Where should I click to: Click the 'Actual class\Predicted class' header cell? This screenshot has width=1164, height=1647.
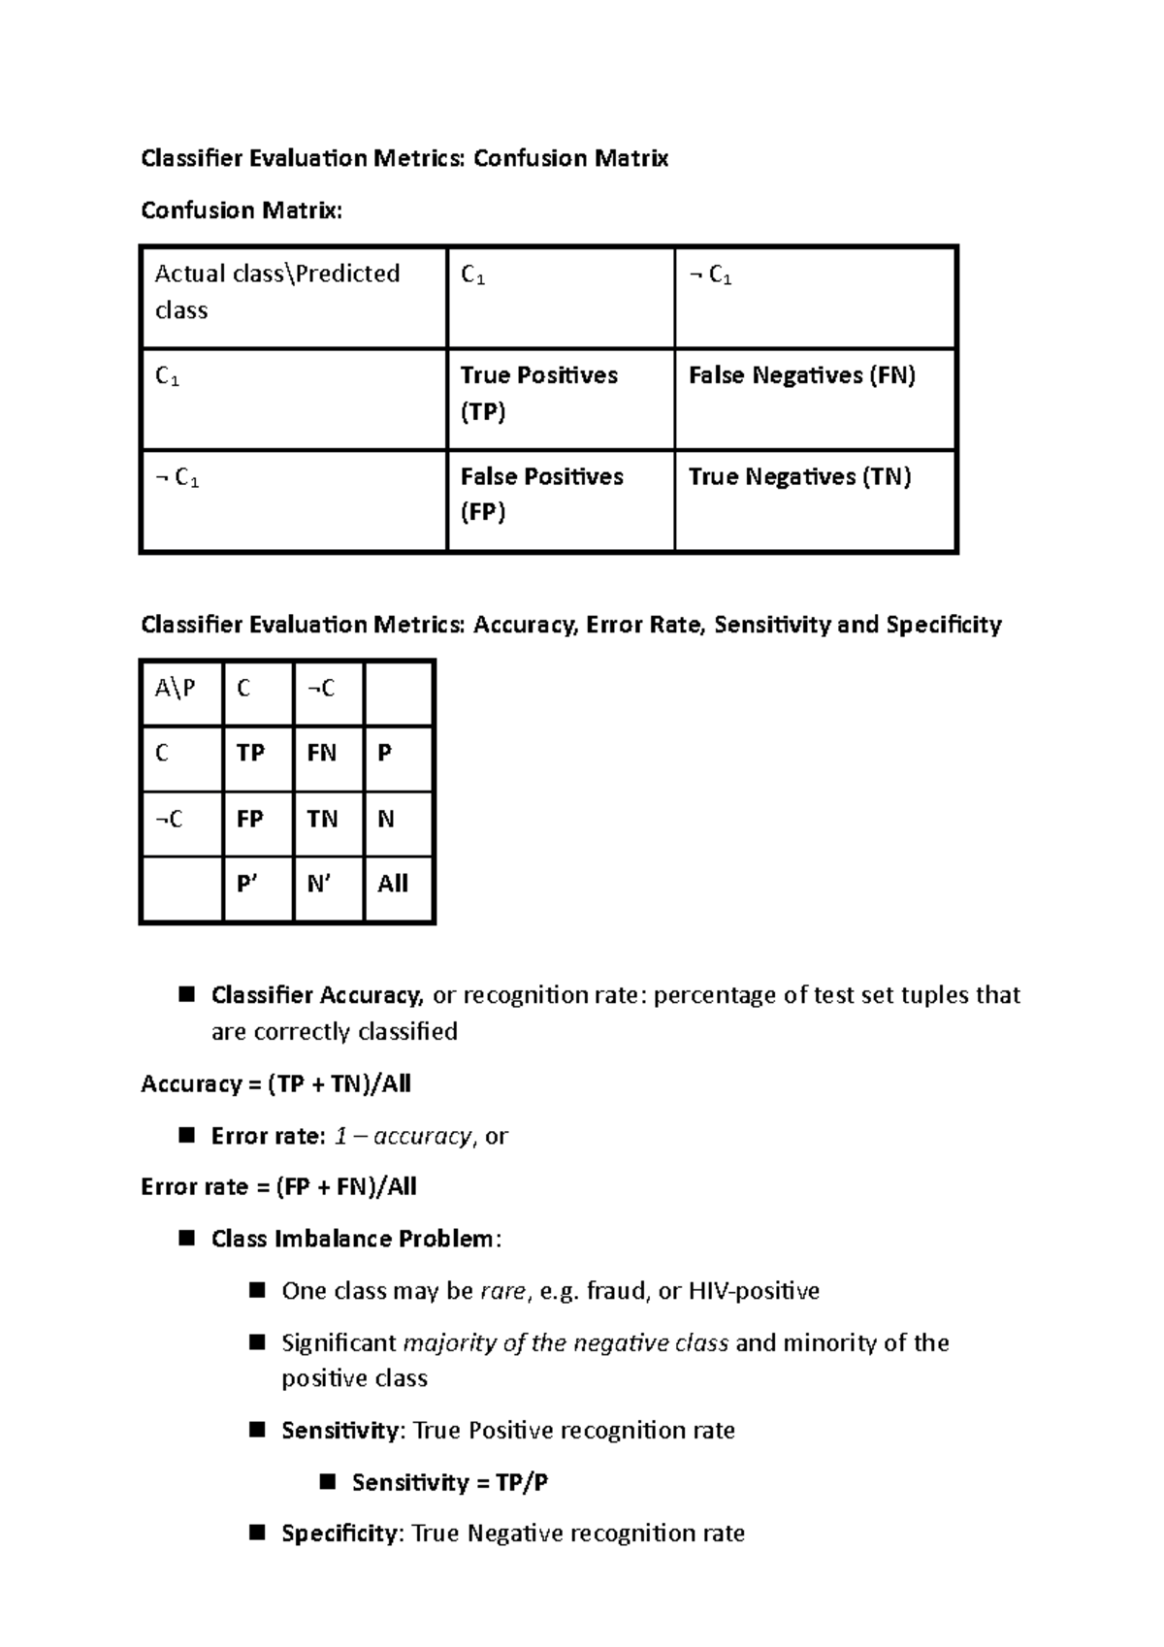[x=293, y=296]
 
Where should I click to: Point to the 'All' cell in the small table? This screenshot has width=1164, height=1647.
[x=398, y=888]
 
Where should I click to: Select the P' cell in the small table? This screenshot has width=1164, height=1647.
[x=258, y=888]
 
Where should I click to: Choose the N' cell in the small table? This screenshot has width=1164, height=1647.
[x=328, y=888]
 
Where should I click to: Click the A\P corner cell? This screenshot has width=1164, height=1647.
[x=181, y=693]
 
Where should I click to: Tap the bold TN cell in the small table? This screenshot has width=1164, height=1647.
[x=328, y=823]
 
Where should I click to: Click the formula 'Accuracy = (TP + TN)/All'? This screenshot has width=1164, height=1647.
[x=275, y=1083]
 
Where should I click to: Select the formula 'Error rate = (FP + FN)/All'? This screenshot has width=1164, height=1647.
[x=278, y=1186]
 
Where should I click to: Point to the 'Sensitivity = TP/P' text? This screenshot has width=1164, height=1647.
[x=449, y=1482]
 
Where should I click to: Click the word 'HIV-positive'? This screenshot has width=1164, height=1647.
[x=754, y=1291]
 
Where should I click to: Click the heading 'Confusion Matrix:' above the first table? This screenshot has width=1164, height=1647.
[x=242, y=210]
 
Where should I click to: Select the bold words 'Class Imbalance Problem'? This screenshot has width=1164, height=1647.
[x=352, y=1239]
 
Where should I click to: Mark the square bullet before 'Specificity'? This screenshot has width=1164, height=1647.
[x=257, y=1533]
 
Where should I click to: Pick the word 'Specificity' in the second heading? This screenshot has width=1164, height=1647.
[x=943, y=625]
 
